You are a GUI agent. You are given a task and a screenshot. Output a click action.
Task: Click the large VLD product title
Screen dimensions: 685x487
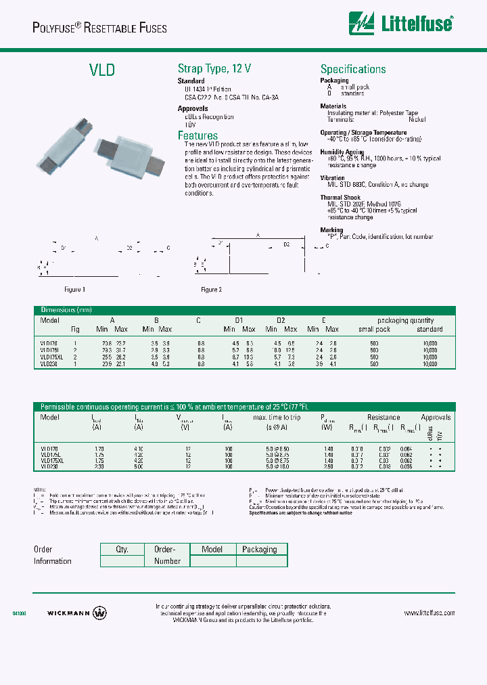102,70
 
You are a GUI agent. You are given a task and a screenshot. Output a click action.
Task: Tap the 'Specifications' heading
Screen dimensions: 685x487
353,69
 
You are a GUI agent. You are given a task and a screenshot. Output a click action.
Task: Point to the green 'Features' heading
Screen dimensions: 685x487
198,135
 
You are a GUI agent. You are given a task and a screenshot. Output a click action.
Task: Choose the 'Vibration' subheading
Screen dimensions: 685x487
333,178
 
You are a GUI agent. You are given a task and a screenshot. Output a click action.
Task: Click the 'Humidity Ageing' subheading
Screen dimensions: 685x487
342,152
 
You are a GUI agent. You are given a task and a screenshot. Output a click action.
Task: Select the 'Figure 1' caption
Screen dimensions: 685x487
74,290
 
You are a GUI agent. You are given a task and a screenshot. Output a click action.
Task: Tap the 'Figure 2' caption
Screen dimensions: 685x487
211,290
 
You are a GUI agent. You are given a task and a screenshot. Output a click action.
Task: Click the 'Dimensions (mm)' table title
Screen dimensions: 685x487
66,311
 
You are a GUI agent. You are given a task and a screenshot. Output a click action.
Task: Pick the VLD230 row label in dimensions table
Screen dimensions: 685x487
49,364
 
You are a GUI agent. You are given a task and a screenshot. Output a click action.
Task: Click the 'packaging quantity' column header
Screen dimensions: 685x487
406,320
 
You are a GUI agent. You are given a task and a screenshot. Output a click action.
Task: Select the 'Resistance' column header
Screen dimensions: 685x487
384,418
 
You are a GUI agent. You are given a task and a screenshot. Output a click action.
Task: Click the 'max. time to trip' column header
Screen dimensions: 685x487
277,418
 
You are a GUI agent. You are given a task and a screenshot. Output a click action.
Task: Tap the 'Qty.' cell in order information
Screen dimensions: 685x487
122,550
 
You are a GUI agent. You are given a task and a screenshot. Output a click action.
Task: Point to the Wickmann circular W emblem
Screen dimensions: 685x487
99,613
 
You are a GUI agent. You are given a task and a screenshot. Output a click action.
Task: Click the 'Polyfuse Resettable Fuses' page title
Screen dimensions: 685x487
99,28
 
